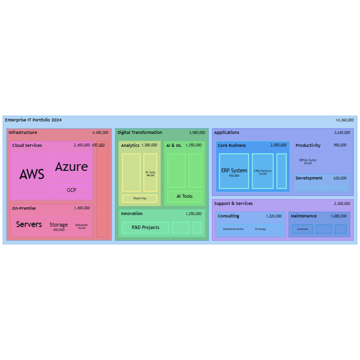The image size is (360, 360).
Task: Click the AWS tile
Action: click(32, 175)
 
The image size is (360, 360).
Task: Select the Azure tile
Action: click(72, 167)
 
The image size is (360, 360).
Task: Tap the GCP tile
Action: click(72, 191)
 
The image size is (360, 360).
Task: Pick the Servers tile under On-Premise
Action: click(29, 225)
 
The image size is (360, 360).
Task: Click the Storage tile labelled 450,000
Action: click(59, 226)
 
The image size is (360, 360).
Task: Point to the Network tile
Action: click(82, 226)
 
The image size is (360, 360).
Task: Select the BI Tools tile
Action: click(150, 173)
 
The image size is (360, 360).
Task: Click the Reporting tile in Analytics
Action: click(140, 198)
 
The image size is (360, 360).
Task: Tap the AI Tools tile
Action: click(184, 196)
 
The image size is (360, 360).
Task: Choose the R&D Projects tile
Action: click(145, 228)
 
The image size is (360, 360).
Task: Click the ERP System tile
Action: click(234, 171)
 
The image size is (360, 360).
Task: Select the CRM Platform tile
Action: click(263, 171)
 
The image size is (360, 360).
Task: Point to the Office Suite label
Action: click(308, 160)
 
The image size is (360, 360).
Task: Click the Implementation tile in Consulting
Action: click(233, 229)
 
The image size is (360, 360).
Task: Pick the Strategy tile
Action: click(260, 229)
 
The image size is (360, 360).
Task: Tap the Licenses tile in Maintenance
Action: click(302, 229)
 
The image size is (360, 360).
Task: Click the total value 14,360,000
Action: click(345, 120)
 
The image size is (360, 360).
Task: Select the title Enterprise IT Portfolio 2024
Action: click(33, 120)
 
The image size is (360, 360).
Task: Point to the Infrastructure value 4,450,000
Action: click(100, 132)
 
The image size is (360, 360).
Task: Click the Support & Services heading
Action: click(233, 204)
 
